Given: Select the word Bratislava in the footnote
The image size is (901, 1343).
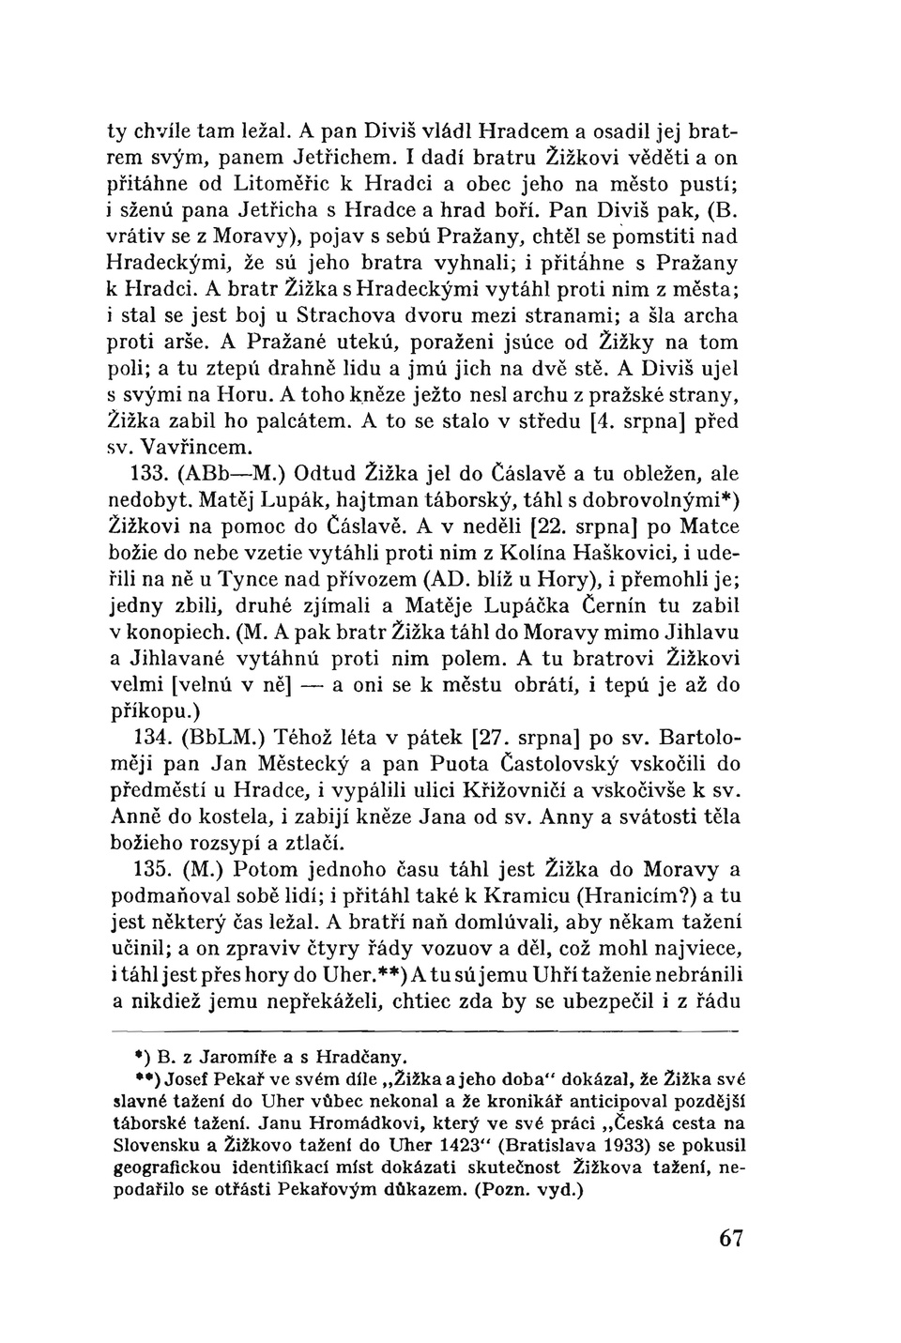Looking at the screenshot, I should tap(545, 1145).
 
